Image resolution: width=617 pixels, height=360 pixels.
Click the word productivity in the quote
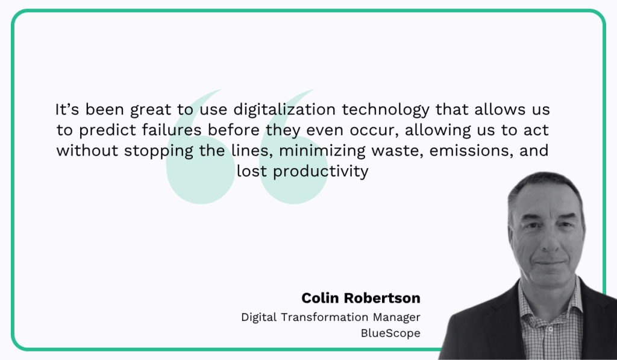tap(320, 171)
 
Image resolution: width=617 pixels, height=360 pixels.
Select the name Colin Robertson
tap(360, 298)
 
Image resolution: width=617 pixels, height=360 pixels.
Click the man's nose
tap(547, 241)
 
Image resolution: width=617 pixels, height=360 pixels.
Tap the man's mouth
tap(548, 263)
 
